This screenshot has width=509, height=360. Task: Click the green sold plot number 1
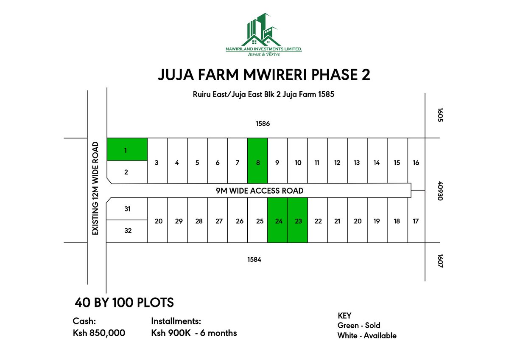[x=126, y=149]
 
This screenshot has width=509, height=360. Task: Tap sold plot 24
[x=278, y=220]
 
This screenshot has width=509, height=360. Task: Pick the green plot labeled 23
[x=298, y=220]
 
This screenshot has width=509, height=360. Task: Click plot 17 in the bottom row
[x=416, y=220]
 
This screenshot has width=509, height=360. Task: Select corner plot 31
[x=127, y=208]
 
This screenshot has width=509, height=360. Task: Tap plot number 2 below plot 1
[x=126, y=172]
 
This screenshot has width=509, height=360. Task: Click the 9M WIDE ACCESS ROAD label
[x=260, y=191]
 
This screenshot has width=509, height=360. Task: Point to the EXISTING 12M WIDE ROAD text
[x=95, y=188]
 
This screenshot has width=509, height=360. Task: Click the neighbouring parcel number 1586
[x=263, y=124]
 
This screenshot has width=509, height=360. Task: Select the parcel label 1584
[x=254, y=259]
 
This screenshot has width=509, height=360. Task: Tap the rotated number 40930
[x=439, y=191]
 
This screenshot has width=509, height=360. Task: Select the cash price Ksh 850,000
[x=99, y=333]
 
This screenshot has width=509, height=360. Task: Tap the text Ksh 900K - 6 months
[x=194, y=333]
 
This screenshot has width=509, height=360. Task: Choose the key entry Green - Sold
[x=358, y=325]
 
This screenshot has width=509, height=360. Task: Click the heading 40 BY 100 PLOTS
[x=124, y=303]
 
